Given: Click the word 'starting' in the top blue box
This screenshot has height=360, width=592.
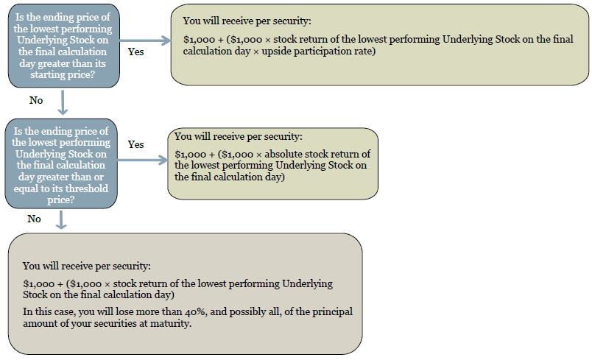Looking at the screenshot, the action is coord(47,74).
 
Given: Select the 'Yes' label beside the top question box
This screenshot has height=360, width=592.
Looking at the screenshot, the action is coord(136,52).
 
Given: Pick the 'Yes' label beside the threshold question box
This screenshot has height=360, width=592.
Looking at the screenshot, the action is coord(136,144).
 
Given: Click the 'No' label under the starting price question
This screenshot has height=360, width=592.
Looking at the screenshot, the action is coord(36,100).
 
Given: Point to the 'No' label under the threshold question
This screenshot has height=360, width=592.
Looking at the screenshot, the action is coord(34,219).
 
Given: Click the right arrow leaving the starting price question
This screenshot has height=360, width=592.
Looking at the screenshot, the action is coord(145,40).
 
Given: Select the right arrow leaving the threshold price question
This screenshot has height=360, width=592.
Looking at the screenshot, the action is coord(142,160).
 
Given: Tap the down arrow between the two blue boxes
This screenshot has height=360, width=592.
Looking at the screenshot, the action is coord(63,102).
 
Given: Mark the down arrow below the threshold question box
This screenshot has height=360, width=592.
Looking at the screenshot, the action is coord(61,220).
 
